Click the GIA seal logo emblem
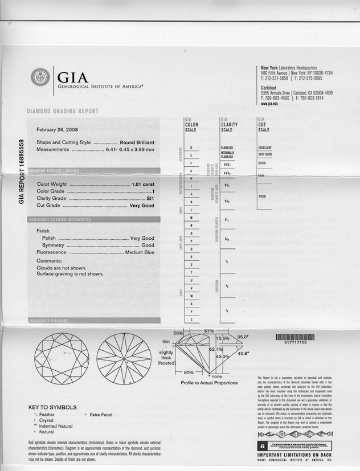[x=40, y=77]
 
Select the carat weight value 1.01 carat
[x=143, y=185]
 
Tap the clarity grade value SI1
[x=150, y=198]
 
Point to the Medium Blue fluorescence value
[x=140, y=252]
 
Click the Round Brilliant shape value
[x=137, y=142]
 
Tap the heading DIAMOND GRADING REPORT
[x=63, y=111]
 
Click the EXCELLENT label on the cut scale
[x=265, y=148]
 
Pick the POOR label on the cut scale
[x=262, y=196]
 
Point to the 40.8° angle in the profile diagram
[x=244, y=353]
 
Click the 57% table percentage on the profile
[x=208, y=331]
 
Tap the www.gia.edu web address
[x=269, y=104]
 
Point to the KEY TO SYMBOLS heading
[x=52, y=407]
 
